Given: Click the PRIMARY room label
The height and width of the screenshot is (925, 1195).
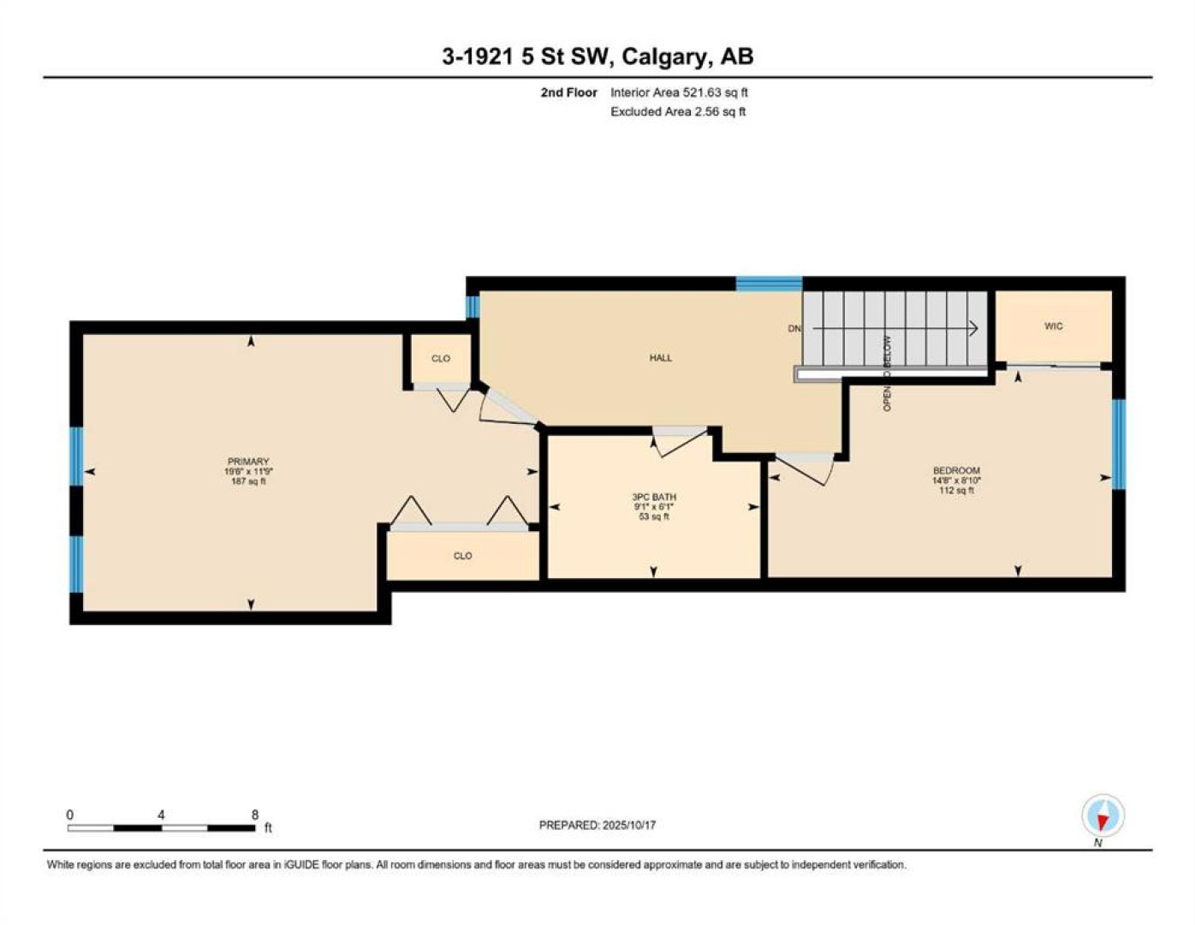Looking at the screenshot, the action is [x=248, y=461].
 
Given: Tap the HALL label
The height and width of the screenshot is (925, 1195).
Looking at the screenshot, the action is [x=661, y=358].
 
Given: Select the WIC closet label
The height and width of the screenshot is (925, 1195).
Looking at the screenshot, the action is [x=1053, y=325].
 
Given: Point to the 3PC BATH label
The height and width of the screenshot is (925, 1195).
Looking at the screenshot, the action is [x=654, y=497].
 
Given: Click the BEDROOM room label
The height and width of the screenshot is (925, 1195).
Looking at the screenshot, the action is [x=956, y=470].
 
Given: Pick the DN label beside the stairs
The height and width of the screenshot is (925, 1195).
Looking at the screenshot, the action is [x=794, y=329].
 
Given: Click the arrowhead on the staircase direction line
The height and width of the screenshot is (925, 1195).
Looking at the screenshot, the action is [x=973, y=329].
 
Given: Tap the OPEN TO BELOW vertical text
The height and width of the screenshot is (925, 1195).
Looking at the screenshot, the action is [x=887, y=373].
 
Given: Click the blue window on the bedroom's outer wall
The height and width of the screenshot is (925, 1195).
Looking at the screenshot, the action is [x=1119, y=444].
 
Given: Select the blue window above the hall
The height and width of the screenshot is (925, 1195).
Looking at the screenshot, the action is [x=769, y=283].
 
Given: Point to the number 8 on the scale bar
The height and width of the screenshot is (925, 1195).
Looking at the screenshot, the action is [x=254, y=815].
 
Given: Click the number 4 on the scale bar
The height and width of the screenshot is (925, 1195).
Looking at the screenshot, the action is [x=161, y=815].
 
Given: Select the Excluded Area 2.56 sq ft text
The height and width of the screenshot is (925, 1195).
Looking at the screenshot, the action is [x=678, y=111].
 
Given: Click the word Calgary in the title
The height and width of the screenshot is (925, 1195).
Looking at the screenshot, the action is [x=663, y=57].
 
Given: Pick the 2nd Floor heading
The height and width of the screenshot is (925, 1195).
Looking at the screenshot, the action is [x=568, y=92].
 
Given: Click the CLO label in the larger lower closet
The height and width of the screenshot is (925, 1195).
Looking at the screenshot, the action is [x=462, y=556].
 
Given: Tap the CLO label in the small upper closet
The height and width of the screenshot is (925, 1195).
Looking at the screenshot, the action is [x=441, y=359].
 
